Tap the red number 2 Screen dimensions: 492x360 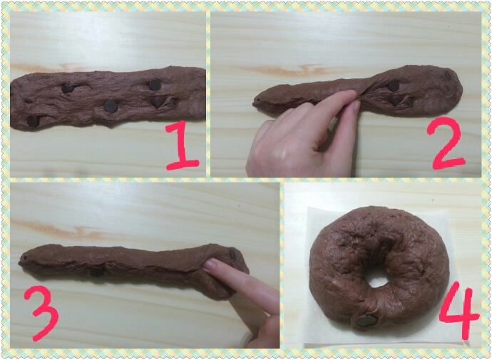446,143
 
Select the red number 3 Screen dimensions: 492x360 41,314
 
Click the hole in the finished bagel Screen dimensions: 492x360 377,277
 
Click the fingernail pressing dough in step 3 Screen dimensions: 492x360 210,264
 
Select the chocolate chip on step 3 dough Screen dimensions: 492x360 97,272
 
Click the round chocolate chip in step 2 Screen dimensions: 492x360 394,86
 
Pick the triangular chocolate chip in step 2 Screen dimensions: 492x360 396,101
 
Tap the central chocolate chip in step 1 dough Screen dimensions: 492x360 111,106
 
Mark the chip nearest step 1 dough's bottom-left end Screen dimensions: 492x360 33,121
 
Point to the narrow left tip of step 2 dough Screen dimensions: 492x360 256,101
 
